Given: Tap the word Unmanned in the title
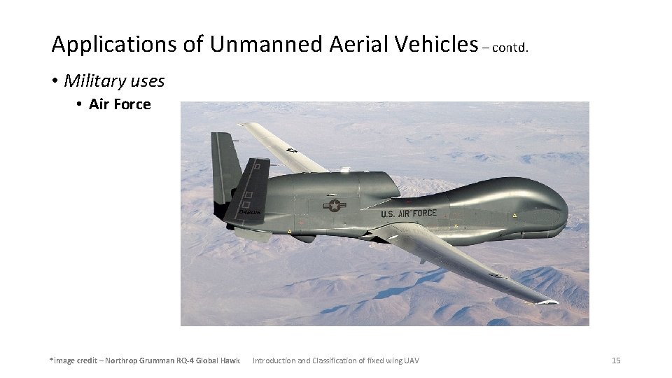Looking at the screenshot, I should point(266,45).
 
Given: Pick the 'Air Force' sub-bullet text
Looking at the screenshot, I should point(120,104).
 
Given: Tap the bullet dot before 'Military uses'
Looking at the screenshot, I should point(55,81).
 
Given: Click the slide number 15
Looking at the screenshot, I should point(616,360).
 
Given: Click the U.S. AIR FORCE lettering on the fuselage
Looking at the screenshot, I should point(408,213).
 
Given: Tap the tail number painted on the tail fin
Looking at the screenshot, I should point(250,211).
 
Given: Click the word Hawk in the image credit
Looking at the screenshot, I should point(230,360).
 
